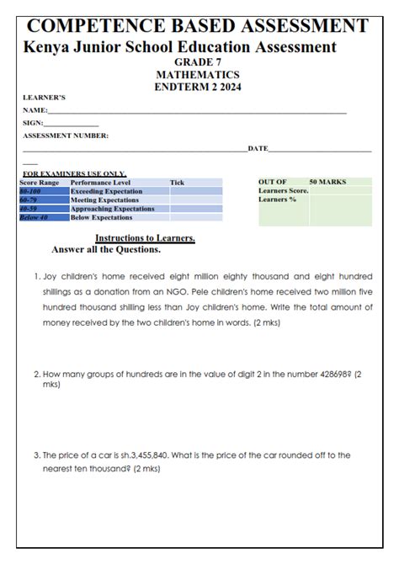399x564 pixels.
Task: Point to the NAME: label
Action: (x=35, y=110)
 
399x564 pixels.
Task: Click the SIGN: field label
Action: (x=33, y=123)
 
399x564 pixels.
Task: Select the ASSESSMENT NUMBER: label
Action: (x=66, y=136)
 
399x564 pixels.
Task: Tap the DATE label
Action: (x=258, y=148)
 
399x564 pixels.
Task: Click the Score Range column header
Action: (x=40, y=182)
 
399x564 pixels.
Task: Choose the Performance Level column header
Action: (x=100, y=182)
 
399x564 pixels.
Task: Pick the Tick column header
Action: (x=177, y=182)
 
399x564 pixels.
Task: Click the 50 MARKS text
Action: (x=327, y=182)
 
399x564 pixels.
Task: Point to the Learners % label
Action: (x=278, y=200)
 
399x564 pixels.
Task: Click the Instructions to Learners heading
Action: (x=145, y=238)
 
